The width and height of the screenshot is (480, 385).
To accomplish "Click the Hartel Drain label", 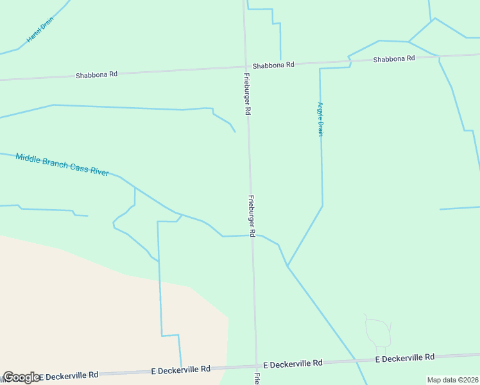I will [39, 30].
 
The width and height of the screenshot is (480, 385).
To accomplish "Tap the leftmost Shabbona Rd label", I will [96, 74].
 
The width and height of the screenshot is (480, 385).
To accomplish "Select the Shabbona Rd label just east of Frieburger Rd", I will [273, 65].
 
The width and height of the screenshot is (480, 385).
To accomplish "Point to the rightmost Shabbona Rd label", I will [394, 58].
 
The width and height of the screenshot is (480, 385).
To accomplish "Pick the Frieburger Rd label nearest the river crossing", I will [252, 217].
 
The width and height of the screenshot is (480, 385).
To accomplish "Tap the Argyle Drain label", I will [320, 119].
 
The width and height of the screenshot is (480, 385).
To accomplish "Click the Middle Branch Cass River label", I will [62, 164].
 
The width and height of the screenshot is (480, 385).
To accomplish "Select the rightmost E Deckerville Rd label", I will [404, 357].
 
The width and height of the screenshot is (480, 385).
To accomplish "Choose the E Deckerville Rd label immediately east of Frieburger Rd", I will [293, 364].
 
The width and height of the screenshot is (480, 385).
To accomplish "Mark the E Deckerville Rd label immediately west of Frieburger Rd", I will [181, 370].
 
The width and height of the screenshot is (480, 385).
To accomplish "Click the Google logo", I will [21, 377].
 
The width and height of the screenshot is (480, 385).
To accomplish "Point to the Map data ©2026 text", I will [452, 380].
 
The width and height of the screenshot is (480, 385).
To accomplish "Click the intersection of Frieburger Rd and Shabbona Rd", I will [246, 66].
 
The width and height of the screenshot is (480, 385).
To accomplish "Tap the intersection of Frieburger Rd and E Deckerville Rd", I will [256, 366].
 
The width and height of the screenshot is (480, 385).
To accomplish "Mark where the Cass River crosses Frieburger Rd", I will [252, 235].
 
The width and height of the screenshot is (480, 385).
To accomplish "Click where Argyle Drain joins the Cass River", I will [287, 266].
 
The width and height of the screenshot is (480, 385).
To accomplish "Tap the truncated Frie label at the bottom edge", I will [257, 379].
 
